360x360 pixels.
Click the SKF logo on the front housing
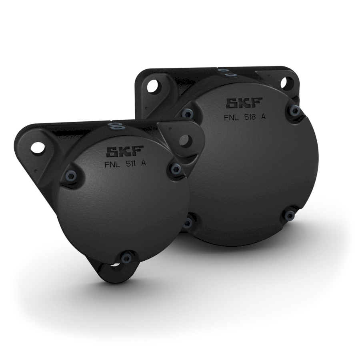pyautogui.click(x=120, y=152)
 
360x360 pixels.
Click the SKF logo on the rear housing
pyautogui.click(x=244, y=103)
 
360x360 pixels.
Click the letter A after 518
pyautogui.click(x=264, y=117)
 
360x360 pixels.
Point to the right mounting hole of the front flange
pyautogui.click(x=185, y=140)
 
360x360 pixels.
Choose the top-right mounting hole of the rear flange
pyautogui.click(x=284, y=83)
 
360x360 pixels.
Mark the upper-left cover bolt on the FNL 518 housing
pyautogui.click(x=187, y=113)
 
